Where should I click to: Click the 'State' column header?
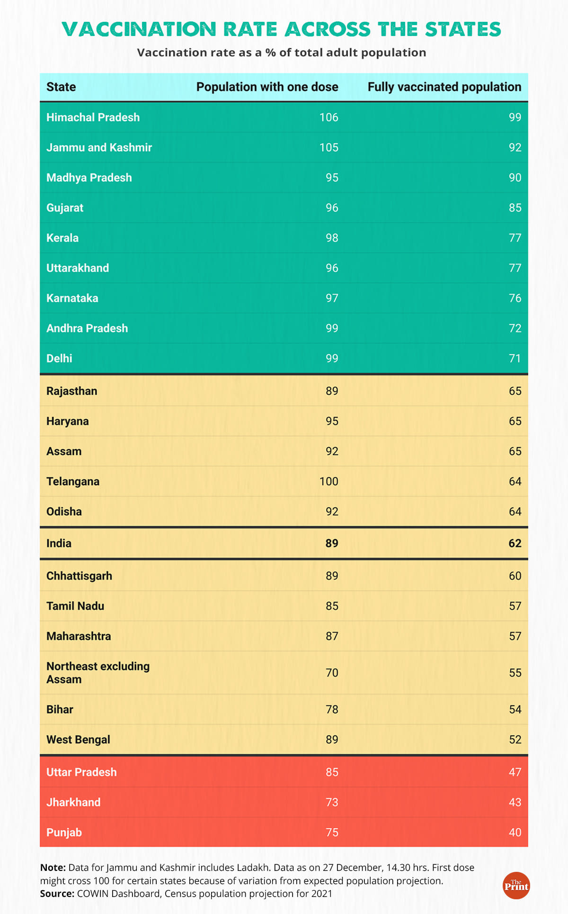(x=61, y=87)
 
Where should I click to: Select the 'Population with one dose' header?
(x=267, y=87)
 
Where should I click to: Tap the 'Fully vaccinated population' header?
(x=444, y=87)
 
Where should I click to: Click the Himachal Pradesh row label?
(x=93, y=118)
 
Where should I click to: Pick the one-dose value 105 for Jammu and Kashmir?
(x=328, y=148)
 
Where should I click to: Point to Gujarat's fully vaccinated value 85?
(x=515, y=208)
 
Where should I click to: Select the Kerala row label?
(x=62, y=238)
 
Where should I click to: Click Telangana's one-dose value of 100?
(x=328, y=482)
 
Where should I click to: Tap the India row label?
(x=59, y=543)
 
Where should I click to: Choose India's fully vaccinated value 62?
(x=515, y=543)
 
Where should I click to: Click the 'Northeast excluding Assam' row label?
(x=98, y=673)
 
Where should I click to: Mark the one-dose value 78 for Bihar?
(x=332, y=710)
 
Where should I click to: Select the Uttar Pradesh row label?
(x=81, y=772)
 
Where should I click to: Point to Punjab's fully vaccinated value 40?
(x=515, y=833)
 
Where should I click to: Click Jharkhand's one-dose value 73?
(x=332, y=803)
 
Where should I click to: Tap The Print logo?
(x=516, y=886)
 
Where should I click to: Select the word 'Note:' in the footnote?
(x=53, y=868)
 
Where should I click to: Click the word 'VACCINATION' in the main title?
(x=139, y=29)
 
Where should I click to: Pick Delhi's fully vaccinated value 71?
(x=515, y=359)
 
